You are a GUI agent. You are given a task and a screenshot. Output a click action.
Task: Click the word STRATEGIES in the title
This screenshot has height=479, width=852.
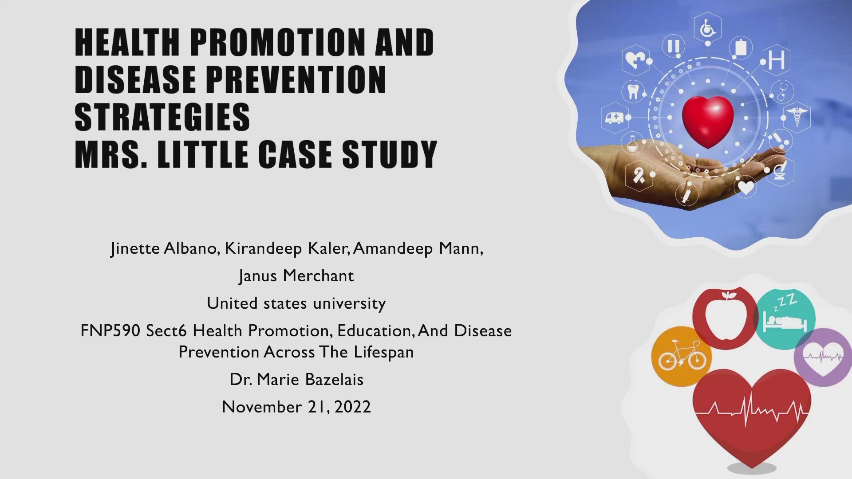(162, 117)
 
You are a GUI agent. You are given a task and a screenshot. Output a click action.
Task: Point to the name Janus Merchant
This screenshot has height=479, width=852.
(296, 276)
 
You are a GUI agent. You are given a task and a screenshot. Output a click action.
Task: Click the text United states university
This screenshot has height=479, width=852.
(296, 303)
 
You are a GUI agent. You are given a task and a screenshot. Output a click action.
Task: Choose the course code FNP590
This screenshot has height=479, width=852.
(110, 331)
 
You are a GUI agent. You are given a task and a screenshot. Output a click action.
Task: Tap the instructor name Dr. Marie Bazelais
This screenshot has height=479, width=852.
(296, 380)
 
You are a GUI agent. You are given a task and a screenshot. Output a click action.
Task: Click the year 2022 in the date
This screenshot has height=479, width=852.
(352, 407)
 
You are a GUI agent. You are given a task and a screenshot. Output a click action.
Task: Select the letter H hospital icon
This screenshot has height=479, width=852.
(777, 60)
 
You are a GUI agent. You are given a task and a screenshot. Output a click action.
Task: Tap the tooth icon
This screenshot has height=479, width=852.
(633, 92)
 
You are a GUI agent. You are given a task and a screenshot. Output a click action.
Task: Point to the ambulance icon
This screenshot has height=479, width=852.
(615, 118)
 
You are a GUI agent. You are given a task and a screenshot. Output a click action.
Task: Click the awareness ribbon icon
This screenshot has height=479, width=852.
(639, 176)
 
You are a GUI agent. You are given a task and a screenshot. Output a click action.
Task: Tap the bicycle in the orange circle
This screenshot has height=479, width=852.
(682, 356)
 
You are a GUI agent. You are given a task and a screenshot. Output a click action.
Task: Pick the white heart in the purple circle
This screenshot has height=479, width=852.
(824, 357)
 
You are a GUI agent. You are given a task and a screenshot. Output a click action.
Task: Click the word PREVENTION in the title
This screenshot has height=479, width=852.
(296, 80)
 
